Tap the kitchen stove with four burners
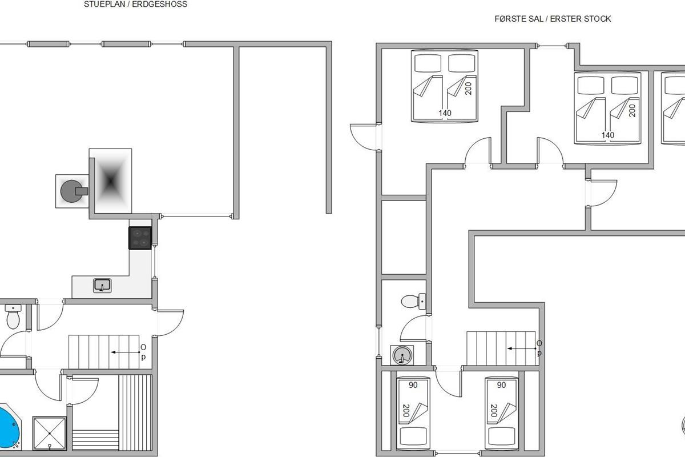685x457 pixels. tap(140, 238)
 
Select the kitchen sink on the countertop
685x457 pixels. tap(102, 286)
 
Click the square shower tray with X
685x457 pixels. tap(50, 433)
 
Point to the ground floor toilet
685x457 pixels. tap(13, 316)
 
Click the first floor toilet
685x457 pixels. tap(413, 301)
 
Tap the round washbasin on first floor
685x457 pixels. tap(402, 355)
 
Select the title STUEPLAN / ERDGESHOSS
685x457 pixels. tap(136, 5)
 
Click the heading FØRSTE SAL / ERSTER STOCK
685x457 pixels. tap(553, 19)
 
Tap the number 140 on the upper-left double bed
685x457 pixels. tap(445, 113)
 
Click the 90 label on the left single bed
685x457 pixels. tap(413, 385)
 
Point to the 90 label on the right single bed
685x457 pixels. tap(501, 385)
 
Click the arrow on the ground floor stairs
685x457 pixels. tap(126, 352)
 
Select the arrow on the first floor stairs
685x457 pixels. tap(522, 348)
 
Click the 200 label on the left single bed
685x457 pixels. tap(406, 411)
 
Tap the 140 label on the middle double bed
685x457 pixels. tap(607, 135)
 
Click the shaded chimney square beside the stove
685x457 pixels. tap(110, 181)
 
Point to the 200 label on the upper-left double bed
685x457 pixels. tap(468, 89)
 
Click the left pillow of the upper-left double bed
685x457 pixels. tap(428, 63)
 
